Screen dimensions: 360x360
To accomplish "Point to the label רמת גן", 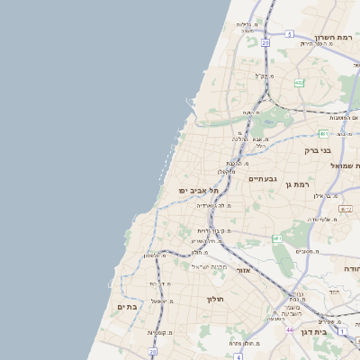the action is (294, 184).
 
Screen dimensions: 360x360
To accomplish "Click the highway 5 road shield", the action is (289, 33).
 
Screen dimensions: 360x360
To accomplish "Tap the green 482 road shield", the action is (299, 83).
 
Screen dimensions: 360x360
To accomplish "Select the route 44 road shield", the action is (289, 330).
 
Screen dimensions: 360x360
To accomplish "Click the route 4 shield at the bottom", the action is (238, 356).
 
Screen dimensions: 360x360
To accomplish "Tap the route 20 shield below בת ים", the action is (153, 352).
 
